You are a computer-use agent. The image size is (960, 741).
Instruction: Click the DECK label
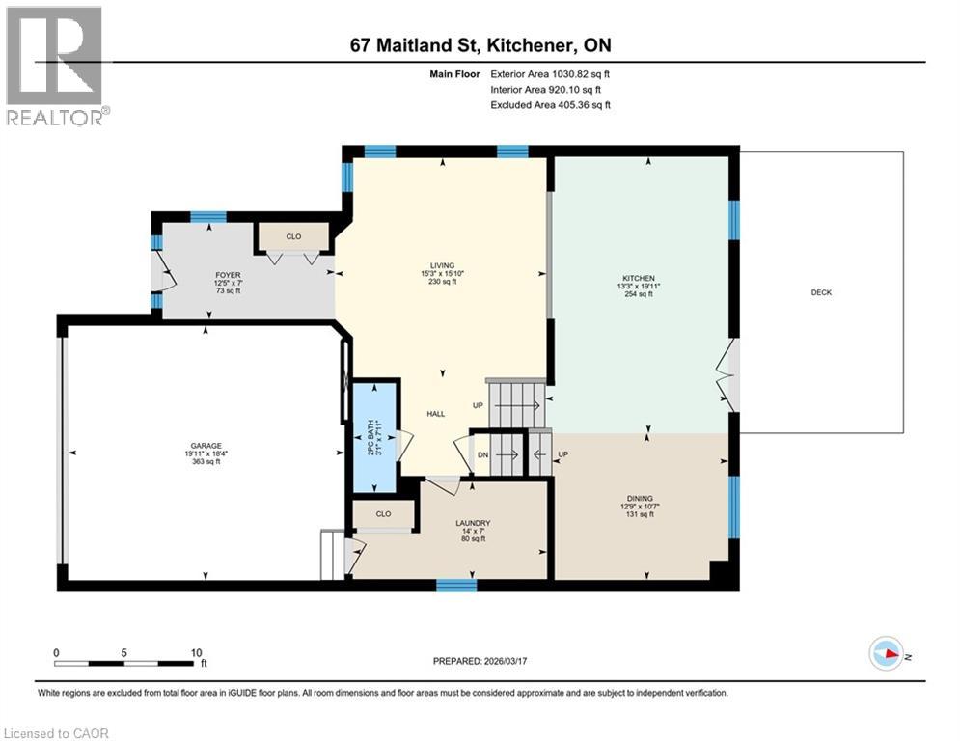(x=821, y=293)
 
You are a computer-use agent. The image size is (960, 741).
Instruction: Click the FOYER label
(x=228, y=275)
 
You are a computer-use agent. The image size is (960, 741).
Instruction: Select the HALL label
(x=436, y=414)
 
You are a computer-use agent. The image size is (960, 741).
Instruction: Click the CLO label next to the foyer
(x=293, y=235)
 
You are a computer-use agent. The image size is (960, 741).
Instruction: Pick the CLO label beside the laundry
(x=383, y=515)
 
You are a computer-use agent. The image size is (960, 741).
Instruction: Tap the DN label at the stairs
(x=482, y=453)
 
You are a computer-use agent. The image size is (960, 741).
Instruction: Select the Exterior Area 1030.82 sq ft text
(x=550, y=72)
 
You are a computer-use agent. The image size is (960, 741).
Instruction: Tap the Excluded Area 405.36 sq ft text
(x=550, y=105)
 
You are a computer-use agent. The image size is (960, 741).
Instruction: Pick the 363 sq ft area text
(x=205, y=461)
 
